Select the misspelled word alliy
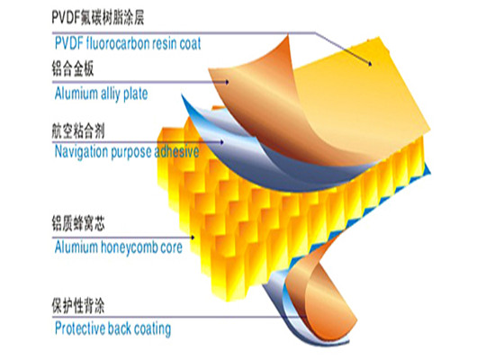click(x=110, y=94)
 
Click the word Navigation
click(x=81, y=152)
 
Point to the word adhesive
click(x=176, y=151)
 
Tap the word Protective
click(x=80, y=328)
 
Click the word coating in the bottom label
click(x=153, y=329)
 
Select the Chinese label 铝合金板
click(x=73, y=68)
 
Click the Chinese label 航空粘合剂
click(x=78, y=131)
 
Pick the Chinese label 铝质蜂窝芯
click(x=78, y=223)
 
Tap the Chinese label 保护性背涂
click(x=78, y=305)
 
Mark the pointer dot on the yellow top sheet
click(x=370, y=64)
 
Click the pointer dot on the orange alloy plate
click(x=227, y=83)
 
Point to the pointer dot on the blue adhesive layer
click(x=222, y=142)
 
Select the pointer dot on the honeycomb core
click(x=193, y=238)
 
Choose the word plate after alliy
click(x=135, y=94)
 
